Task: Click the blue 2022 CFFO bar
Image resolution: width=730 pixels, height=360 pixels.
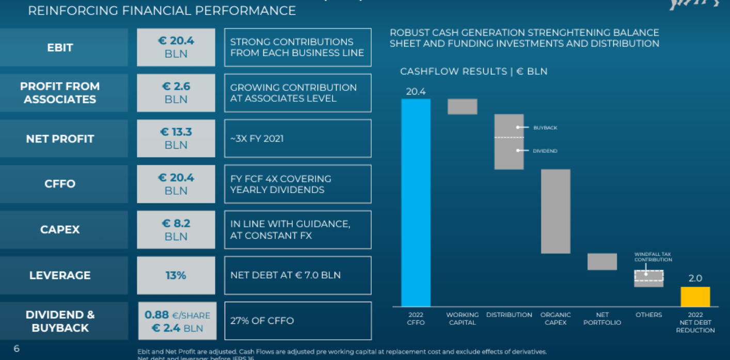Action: click(416, 202)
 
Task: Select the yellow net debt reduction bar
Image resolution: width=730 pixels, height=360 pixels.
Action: click(695, 296)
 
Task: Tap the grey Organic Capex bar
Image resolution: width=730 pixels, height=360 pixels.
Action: click(556, 211)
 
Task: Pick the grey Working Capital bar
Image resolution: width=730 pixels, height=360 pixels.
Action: click(462, 106)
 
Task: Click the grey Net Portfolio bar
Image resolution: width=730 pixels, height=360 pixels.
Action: click(602, 261)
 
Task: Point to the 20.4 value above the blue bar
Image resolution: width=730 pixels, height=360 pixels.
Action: click(416, 91)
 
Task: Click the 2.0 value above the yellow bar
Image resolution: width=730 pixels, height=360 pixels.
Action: click(695, 278)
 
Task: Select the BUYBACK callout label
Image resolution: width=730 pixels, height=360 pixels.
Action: click(545, 128)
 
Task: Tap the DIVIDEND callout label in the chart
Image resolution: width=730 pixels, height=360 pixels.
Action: click(545, 151)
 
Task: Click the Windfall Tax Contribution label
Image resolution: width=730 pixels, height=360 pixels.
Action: click(653, 257)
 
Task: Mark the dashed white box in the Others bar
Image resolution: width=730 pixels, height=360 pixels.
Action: click(649, 276)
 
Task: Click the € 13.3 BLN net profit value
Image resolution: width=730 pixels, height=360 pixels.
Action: click(176, 138)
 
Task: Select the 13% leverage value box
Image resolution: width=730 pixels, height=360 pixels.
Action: click(176, 275)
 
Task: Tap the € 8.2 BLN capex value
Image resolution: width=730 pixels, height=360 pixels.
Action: click(176, 230)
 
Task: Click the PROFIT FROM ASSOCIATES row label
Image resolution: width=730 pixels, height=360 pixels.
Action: click(60, 93)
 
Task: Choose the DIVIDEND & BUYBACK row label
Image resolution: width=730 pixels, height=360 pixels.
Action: click(60, 321)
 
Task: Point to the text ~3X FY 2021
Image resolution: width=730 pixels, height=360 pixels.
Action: click(257, 138)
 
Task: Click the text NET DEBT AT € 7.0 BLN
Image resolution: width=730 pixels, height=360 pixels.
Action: click(285, 275)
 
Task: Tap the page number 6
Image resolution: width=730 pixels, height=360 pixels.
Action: click(17, 349)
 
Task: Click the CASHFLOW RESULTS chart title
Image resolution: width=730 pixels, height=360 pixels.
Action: click(473, 71)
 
